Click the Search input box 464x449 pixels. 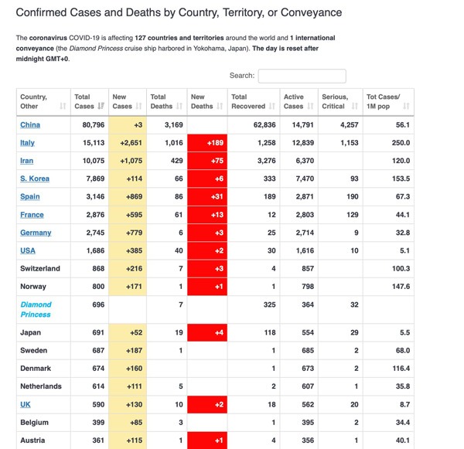tap(302, 76)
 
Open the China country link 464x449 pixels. tap(30, 125)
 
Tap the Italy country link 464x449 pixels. tap(27, 143)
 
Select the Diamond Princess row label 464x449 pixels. tap(36, 309)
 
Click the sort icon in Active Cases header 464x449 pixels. tap(310, 106)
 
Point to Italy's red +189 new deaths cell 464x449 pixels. tap(207, 143)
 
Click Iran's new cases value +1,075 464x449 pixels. tap(131, 161)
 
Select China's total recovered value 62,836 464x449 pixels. tap(264, 125)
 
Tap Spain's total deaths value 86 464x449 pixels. tap(179, 197)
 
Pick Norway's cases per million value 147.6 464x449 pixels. tap(401, 286)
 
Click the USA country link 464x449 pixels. tap(28, 250)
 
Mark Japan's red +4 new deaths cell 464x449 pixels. tap(207, 332)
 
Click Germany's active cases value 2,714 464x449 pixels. tap(305, 233)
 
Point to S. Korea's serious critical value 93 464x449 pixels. tap(354, 179)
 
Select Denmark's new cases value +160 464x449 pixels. tap(134, 369)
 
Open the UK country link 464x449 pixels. tap(26, 404)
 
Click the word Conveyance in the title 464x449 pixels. tap(311, 12)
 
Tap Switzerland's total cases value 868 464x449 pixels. tap(98, 269)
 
